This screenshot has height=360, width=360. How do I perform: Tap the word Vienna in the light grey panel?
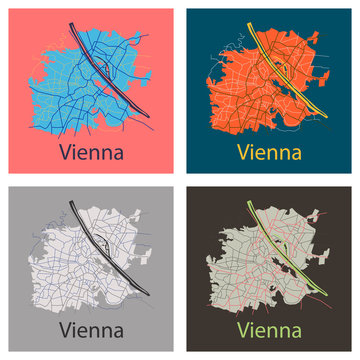pos(92,329)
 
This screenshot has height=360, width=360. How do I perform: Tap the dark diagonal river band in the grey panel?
pos(95,240)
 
